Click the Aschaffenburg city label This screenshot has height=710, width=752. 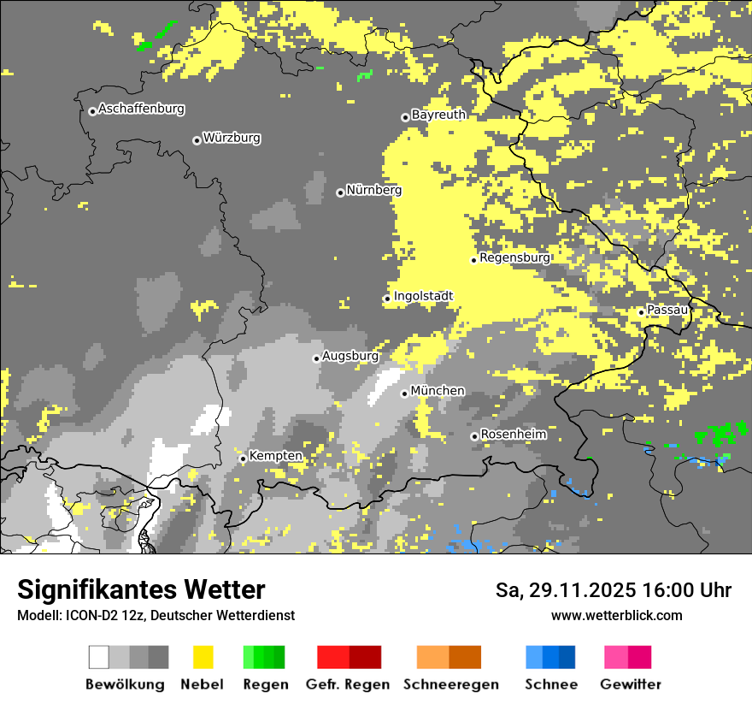[141, 109]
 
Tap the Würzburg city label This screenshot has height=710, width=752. [232, 138]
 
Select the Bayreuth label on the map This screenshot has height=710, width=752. [438, 115]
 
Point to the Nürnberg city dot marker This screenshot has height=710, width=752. [340, 192]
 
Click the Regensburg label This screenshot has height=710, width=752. [514, 257]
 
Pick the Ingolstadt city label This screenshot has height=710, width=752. [423, 296]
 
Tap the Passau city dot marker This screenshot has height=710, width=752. [641, 312]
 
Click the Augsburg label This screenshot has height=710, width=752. [350, 356]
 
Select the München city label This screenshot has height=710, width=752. [438, 391]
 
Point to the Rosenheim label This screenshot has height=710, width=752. [513, 435]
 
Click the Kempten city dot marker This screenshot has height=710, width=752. [243, 459]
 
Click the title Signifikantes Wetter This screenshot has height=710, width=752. [141, 590]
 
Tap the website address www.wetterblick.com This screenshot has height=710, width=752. [616, 616]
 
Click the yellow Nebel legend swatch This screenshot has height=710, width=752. [203, 657]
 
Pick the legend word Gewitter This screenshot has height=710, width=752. [630, 684]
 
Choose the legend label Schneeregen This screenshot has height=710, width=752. [450, 684]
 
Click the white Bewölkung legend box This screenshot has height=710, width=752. [99, 657]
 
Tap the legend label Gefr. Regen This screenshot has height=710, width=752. [347, 684]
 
